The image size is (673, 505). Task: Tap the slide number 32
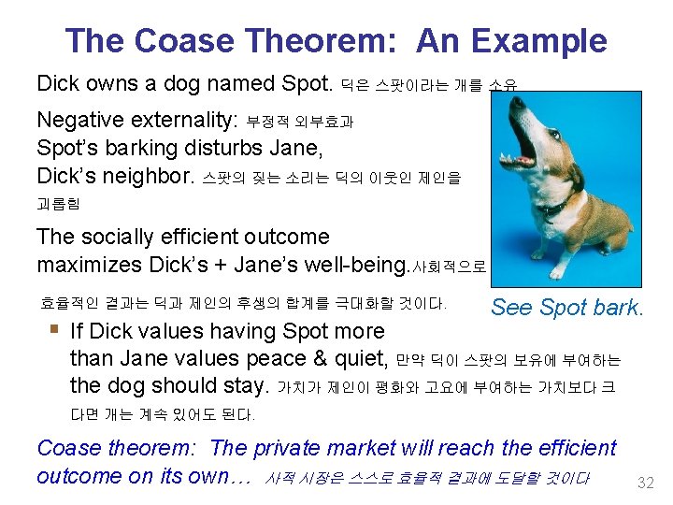coord(644,483)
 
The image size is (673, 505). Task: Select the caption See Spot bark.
coord(567,307)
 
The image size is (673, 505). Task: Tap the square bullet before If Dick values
coord(55,329)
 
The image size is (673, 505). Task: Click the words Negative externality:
coord(136,121)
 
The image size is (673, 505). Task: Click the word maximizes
coord(89,265)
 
